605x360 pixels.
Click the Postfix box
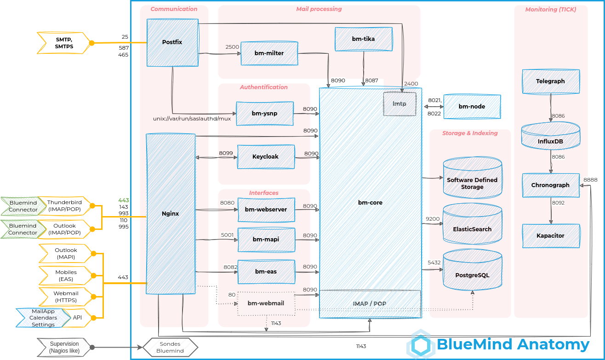(x=172, y=42)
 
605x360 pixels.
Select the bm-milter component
(x=269, y=53)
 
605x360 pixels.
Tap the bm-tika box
(x=363, y=39)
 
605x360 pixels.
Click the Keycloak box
(x=266, y=157)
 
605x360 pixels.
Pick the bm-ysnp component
(x=264, y=114)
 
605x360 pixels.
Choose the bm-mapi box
(x=266, y=240)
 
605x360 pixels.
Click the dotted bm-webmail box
(x=266, y=303)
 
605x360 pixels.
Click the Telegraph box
(x=550, y=81)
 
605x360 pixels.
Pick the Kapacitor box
(x=550, y=236)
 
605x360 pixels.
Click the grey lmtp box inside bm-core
(x=400, y=104)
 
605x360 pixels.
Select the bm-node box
(x=472, y=107)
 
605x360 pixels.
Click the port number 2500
(x=232, y=47)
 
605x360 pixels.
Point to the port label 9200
(x=433, y=219)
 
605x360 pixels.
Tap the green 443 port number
(x=123, y=200)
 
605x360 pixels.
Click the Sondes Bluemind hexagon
(x=170, y=348)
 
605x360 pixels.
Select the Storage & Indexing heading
(x=470, y=133)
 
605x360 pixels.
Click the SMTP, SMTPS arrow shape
(x=63, y=43)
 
